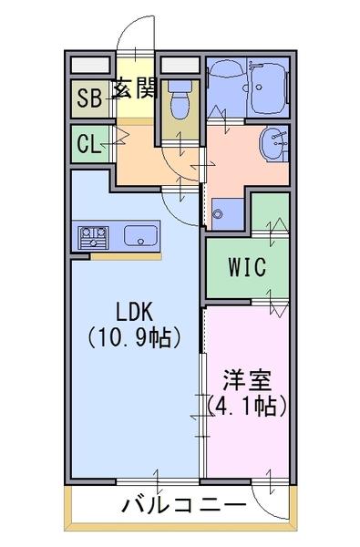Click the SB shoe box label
(89, 98)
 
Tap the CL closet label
(89, 143)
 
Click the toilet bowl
(180, 100)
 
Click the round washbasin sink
(274, 143)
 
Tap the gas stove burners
(93, 238)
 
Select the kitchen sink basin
(140, 235)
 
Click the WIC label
(247, 267)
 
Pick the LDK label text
(134, 312)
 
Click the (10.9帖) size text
(134, 337)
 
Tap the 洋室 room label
(247, 380)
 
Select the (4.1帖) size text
(247, 406)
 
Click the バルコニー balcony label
(184, 505)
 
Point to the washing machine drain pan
(228, 214)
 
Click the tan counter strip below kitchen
(126, 257)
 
